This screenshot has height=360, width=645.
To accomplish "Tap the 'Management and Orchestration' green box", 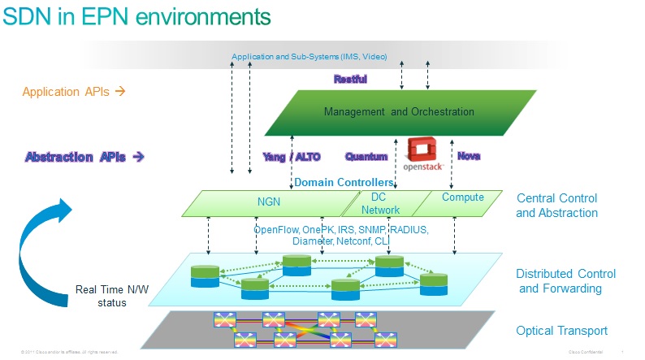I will [399, 112].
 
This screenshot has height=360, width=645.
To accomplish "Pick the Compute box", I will [462, 197].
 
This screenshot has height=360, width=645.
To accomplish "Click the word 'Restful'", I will [350, 80].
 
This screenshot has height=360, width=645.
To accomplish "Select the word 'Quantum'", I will [366, 156].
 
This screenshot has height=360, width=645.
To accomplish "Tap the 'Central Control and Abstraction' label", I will [556, 206].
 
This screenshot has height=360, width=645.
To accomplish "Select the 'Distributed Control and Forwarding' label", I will [565, 281].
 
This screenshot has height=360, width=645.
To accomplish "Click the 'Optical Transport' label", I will [561, 331].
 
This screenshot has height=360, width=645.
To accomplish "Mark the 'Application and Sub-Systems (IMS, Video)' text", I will [309, 57].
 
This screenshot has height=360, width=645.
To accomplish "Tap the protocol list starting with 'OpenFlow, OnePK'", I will [340, 236].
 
